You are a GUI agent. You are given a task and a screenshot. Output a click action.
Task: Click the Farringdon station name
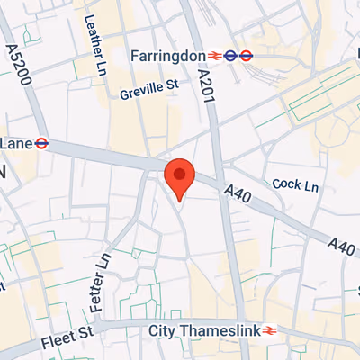(x=168, y=56)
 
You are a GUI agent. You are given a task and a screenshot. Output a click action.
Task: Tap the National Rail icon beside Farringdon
(x=214, y=56)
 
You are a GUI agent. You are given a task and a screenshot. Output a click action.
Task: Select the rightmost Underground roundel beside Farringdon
(x=247, y=56)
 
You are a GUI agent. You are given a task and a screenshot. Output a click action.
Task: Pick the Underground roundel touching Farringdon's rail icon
(x=231, y=56)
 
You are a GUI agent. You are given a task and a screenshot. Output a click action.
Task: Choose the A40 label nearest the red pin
(x=236, y=193)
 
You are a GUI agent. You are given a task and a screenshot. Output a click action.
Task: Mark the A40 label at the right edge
(x=342, y=244)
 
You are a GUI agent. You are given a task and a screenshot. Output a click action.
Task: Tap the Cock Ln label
(x=296, y=184)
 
